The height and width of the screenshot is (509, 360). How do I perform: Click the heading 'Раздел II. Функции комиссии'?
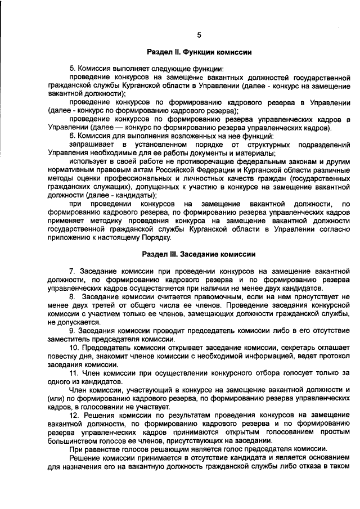click(199, 52)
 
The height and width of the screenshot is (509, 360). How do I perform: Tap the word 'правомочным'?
click(226, 296)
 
